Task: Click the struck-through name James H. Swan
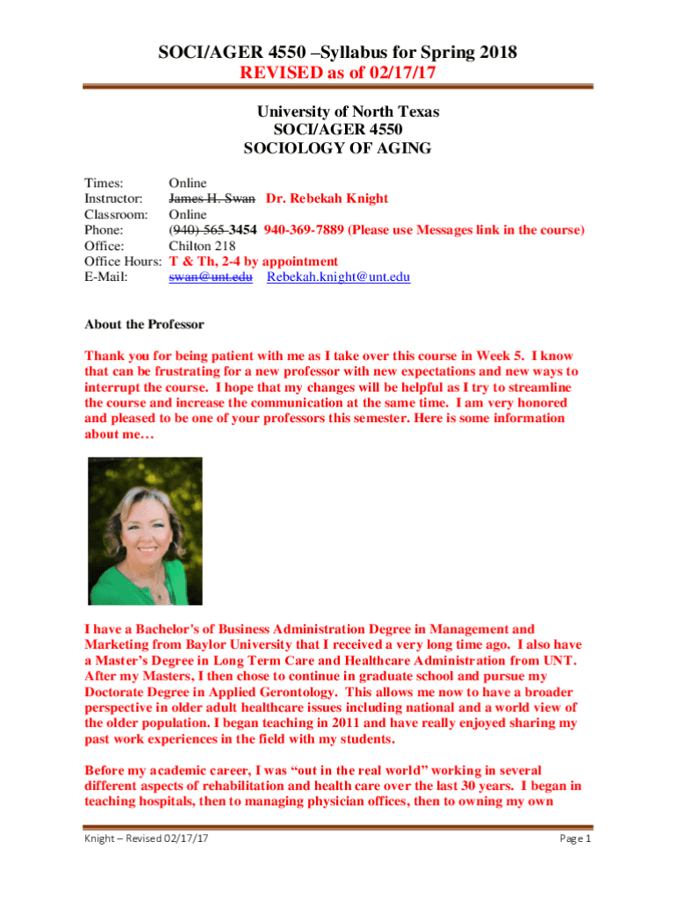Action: coord(212,198)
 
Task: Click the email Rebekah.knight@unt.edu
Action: coord(338,277)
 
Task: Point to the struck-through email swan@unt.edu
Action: coord(211,277)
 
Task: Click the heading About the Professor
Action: coord(144,325)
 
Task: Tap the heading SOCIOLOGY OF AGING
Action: coord(337,148)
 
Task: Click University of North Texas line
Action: coord(348,111)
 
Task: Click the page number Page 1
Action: coord(576,838)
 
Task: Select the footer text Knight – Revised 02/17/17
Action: coord(140,838)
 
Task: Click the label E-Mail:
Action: coord(106,277)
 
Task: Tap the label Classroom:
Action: coord(116,214)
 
